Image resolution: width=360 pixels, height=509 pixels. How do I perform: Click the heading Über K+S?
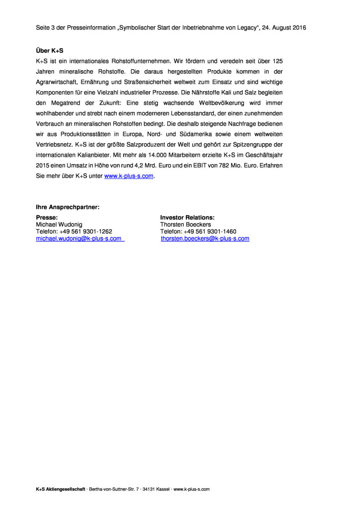point(49,51)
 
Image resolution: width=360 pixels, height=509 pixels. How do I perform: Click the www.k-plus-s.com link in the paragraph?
point(129,176)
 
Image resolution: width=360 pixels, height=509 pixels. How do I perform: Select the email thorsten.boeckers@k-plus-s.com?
point(205,239)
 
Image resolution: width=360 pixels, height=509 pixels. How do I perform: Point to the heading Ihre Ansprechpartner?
point(67,207)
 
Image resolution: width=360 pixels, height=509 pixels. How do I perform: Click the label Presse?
point(47,218)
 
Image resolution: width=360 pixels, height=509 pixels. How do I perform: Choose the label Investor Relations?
point(187,218)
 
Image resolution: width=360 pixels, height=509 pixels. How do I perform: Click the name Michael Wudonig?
point(59,224)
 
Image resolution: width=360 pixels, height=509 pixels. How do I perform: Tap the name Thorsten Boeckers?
point(185,224)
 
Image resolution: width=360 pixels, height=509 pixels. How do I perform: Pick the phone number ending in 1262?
point(85,232)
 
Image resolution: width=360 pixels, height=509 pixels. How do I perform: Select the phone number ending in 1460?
point(210,232)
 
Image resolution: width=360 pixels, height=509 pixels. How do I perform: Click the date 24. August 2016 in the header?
point(284,28)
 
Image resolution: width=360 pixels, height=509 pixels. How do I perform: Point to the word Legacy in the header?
point(246,28)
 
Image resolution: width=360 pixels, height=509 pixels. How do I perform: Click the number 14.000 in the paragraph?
point(157,155)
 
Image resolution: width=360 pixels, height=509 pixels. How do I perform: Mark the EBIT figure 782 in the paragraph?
point(224,165)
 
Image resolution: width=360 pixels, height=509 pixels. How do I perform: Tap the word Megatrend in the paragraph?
point(66,103)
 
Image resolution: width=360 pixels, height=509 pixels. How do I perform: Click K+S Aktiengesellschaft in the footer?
point(60,489)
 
